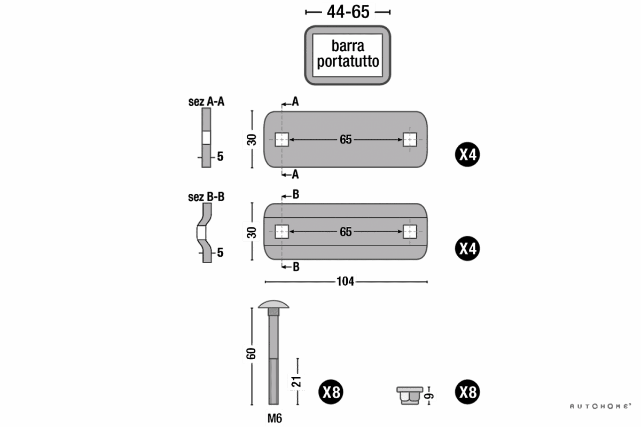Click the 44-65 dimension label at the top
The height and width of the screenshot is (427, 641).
348,11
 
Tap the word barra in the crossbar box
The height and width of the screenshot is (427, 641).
348,46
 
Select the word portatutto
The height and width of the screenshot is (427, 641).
348,61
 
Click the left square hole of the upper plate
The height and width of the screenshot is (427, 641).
282,140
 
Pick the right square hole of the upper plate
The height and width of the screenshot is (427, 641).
410,140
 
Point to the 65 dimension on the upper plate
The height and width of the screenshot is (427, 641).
346,140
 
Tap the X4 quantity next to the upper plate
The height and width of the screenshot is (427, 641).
467,155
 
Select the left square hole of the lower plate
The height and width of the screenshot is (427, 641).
282,232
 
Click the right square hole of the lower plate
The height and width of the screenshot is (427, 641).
410,232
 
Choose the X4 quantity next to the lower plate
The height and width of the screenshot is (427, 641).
467,248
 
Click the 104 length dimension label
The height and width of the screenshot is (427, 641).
345,281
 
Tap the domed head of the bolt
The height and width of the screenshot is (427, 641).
273,305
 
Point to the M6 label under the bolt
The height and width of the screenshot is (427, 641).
274,418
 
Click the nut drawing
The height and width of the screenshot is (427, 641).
409,396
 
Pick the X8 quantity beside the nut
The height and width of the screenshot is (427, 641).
467,393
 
